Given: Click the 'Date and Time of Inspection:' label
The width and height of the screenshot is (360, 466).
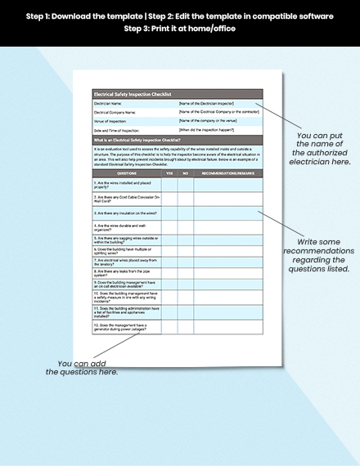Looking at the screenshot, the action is pyautogui.click(x=116, y=130).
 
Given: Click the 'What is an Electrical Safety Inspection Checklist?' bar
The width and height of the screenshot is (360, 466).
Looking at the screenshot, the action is pyautogui.click(x=135, y=140).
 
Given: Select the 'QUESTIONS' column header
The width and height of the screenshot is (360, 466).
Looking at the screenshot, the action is pyautogui.click(x=127, y=173).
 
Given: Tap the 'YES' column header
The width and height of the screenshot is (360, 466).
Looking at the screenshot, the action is pyautogui.click(x=169, y=173).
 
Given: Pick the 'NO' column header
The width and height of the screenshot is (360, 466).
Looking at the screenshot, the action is pyautogui.click(x=185, y=173).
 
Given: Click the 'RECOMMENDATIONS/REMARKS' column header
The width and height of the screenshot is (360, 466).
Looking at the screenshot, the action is pyautogui.click(x=229, y=173).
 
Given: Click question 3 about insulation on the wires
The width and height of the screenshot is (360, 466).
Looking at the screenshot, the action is pyautogui.click(x=125, y=212).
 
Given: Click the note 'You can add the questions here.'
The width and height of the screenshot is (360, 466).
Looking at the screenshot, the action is pyautogui.click(x=83, y=368).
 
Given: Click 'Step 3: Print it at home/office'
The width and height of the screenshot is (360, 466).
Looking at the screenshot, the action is pyautogui.click(x=179, y=29).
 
